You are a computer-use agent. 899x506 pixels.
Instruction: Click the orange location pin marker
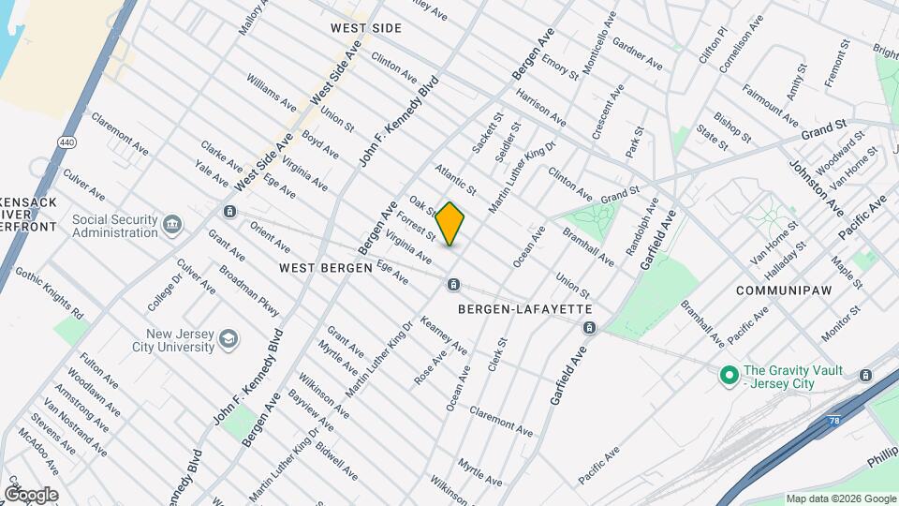[x=450, y=224]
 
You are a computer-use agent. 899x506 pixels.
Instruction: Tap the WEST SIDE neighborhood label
[x=366, y=29]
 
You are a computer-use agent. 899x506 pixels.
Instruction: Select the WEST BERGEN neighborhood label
[x=318, y=268]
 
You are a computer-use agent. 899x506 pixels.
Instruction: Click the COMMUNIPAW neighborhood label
[x=785, y=290]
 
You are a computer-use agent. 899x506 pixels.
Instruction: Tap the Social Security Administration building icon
[x=172, y=225]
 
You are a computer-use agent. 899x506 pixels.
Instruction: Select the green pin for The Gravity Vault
[x=729, y=377]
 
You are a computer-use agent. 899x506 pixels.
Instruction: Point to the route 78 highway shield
[x=836, y=423]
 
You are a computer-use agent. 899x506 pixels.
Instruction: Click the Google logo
[x=31, y=495]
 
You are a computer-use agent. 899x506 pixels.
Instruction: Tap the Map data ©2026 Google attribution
[x=840, y=499]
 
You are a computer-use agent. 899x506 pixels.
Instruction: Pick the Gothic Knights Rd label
[x=50, y=292]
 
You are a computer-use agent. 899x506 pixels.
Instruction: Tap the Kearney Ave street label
[x=444, y=335]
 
